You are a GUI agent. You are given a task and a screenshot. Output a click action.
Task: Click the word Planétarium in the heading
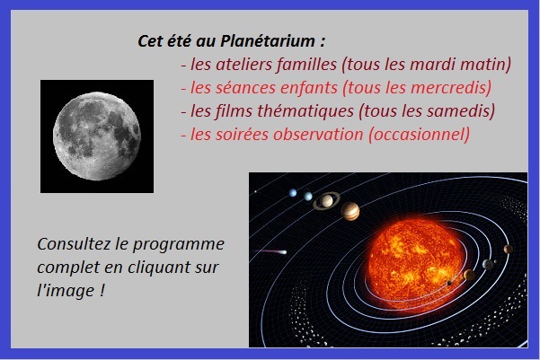[x=267, y=41]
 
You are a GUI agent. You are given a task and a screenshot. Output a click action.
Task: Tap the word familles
[x=306, y=64]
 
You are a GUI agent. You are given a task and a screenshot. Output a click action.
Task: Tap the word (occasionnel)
[x=419, y=135]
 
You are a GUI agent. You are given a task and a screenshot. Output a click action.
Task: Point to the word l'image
[x=66, y=291]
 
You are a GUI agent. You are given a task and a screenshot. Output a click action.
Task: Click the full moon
[x=97, y=136]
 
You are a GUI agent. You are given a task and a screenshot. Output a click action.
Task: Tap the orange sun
[x=416, y=261]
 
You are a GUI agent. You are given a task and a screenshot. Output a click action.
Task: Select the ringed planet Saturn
[x=326, y=201]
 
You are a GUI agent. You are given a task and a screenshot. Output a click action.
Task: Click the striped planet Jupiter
[x=350, y=211]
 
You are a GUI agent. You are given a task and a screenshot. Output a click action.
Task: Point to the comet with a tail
[x=272, y=252]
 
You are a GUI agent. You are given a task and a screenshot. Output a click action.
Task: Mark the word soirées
[x=242, y=134]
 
